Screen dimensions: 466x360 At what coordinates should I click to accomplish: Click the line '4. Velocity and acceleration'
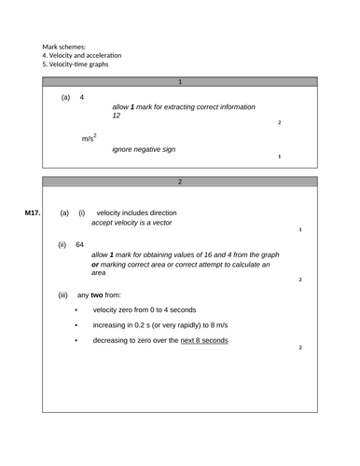point(81,55)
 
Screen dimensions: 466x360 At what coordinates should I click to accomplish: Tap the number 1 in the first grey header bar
point(180,82)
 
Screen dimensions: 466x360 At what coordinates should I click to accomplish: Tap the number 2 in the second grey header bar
point(180,182)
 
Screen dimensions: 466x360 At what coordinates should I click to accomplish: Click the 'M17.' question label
point(33,213)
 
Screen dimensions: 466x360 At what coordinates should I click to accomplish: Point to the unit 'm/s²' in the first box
point(90,139)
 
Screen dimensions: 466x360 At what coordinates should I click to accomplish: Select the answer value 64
point(80,245)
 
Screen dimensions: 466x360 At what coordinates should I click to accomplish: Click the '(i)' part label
point(81,213)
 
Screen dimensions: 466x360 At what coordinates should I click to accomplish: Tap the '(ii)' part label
point(62,245)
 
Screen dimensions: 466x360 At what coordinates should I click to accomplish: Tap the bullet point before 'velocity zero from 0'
point(76,310)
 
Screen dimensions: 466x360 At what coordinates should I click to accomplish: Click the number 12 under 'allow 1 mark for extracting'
point(116,116)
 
